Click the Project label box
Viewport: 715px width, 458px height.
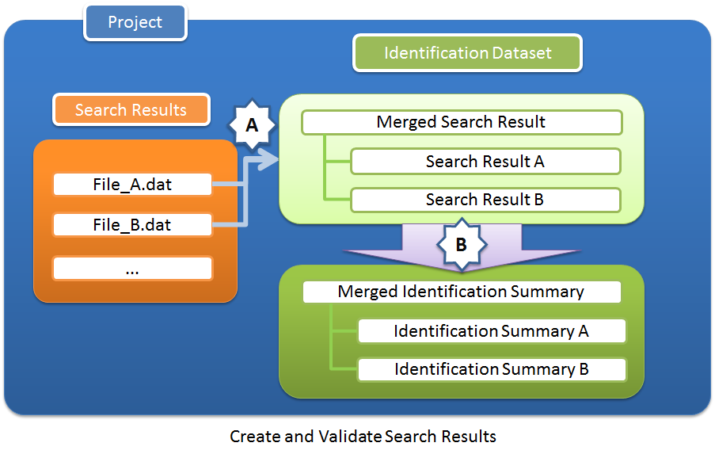[x=135, y=23]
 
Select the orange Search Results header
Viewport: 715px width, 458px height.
[x=131, y=110]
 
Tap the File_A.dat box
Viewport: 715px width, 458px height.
[x=132, y=185]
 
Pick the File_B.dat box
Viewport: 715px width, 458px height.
[x=132, y=225]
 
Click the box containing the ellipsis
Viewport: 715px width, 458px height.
[x=132, y=269]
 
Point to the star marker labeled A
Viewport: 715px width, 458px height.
[x=252, y=124]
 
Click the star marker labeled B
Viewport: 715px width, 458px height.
[x=461, y=245]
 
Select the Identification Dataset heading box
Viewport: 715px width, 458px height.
[x=467, y=54]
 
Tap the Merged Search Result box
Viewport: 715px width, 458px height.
[x=462, y=122]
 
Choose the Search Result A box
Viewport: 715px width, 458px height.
[x=485, y=162]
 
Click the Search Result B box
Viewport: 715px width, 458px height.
[x=485, y=200]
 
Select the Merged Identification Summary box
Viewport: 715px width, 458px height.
[x=462, y=292]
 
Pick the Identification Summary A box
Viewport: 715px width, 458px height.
[x=492, y=331]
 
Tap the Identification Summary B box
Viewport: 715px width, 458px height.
[x=492, y=369]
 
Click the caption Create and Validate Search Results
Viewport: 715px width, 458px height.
[x=363, y=437]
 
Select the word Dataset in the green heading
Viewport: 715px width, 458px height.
[x=522, y=54]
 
